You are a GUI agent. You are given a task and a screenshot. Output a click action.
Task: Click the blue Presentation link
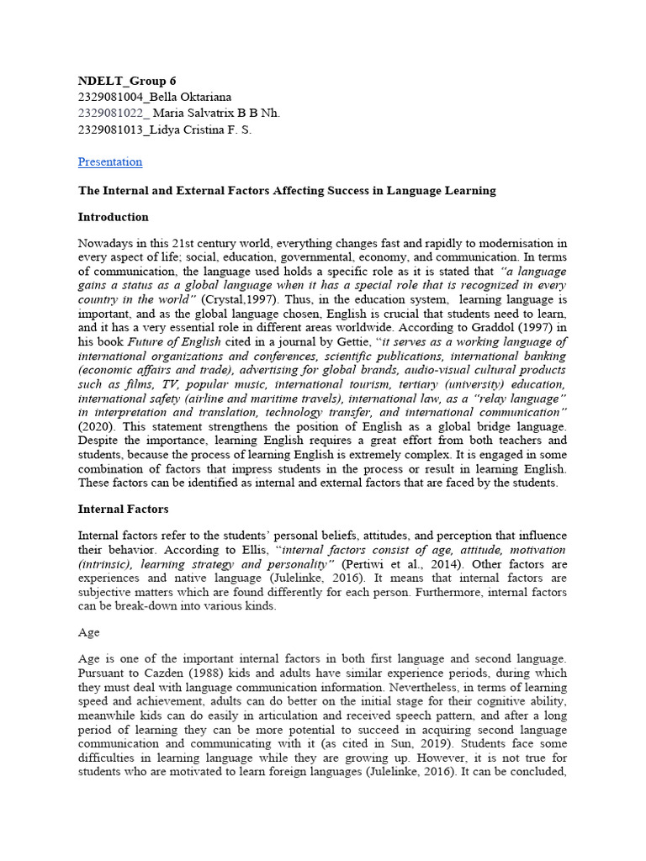[x=110, y=161]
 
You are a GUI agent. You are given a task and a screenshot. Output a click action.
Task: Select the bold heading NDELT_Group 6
[x=127, y=82]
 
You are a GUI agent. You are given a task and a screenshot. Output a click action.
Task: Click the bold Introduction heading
[x=114, y=218]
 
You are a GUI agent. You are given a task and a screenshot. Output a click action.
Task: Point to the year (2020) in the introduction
[x=96, y=426]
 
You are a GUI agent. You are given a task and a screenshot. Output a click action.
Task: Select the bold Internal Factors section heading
[x=123, y=509]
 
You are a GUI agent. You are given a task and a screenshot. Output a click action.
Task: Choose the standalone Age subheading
[x=88, y=631]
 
